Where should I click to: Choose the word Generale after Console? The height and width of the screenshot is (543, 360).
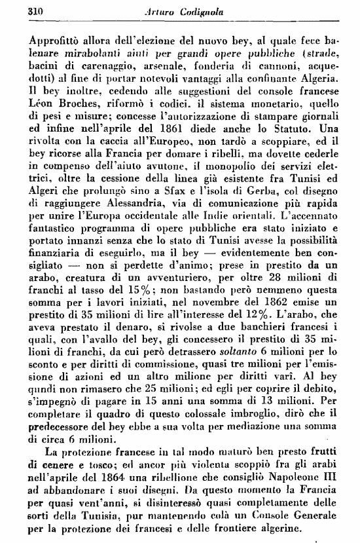click(x=320, y=519)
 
